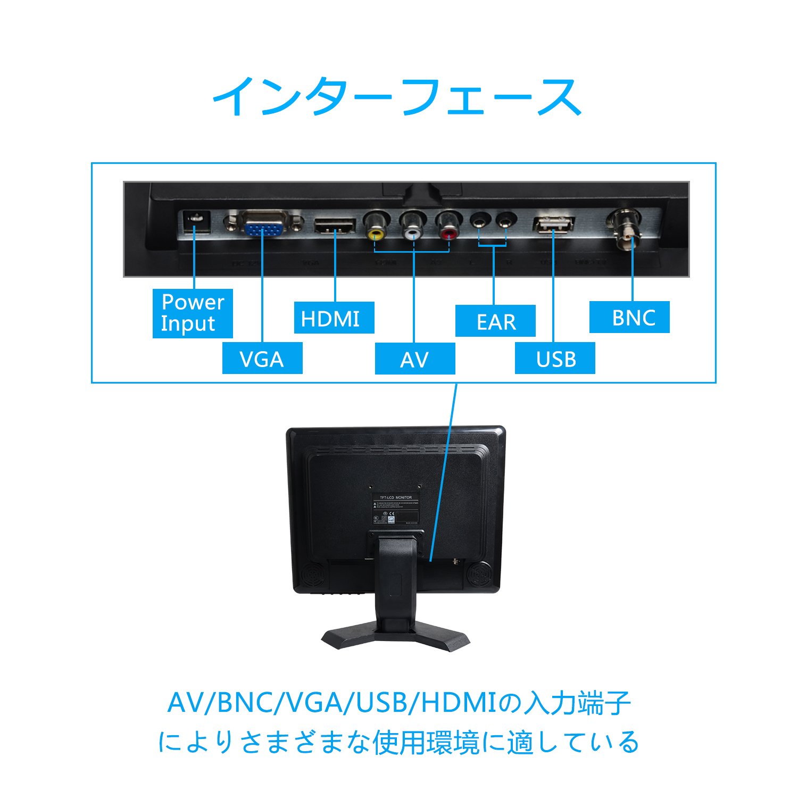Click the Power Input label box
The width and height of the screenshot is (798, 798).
tap(193, 313)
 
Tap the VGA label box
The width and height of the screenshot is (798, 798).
tap(262, 358)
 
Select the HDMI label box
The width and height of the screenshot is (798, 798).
tap(334, 318)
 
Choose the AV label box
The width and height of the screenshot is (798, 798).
tap(415, 359)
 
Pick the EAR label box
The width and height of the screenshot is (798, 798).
tap(495, 321)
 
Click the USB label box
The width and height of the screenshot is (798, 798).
tap(555, 358)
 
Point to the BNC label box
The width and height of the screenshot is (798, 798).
tap(629, 317)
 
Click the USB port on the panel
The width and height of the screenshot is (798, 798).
tap(554, 224)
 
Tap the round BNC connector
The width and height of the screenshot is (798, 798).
tap(625, 229)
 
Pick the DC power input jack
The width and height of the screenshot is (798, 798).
tap(195, 222)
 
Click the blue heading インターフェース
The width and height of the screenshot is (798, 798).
tap(397, 97)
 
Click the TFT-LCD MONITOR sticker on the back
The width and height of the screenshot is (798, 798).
tap(395, 510)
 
